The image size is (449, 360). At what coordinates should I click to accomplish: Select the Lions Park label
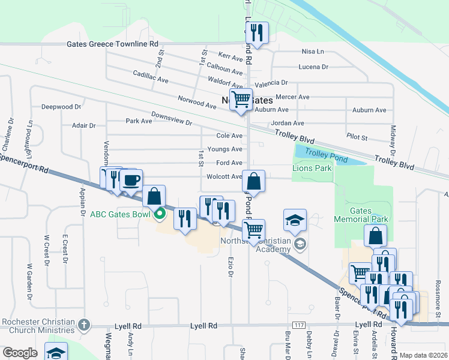[x=312, y=169]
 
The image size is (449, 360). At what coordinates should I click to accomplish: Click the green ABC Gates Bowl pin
[x=159, y=214]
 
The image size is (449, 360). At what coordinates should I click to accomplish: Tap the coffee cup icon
[x=131, y=179]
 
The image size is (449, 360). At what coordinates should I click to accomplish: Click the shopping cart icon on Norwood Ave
[x=241, y=100]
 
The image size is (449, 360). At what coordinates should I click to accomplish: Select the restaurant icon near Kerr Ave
[x=256, y=33]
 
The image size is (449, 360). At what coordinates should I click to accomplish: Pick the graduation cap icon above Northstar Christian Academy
[x=295, y=221]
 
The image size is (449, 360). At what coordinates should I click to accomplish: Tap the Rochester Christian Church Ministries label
[x=38, y=325]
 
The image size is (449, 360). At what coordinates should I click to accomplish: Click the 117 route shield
[x=293, y=325]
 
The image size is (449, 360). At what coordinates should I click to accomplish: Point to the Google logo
[x=20, y=352]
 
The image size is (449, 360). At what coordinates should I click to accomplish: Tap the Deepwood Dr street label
[x=61, y=107]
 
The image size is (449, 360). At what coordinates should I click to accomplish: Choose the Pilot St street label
[x=357, y=137]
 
